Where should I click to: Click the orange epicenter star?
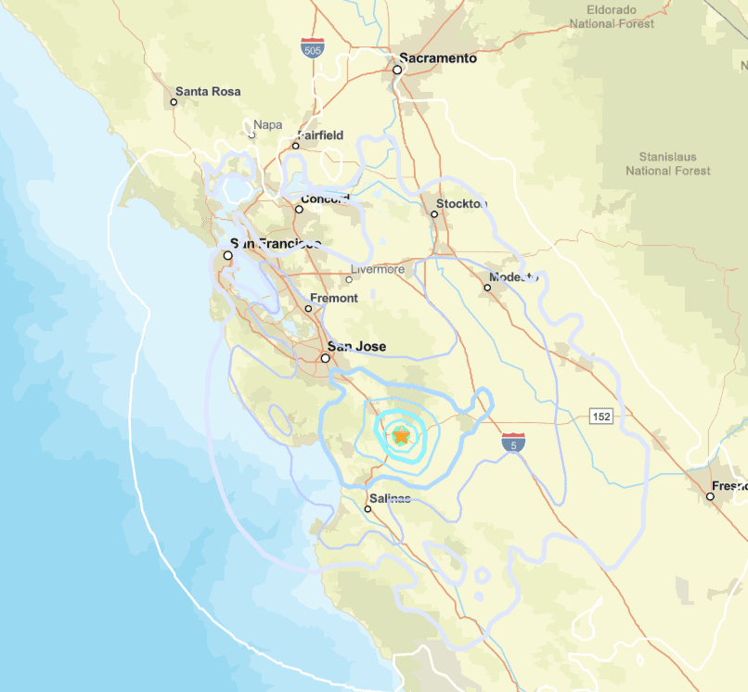401,435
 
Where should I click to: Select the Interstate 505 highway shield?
313,48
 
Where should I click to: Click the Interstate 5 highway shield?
512,442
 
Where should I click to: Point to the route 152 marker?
600,417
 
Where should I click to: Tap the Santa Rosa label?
208,91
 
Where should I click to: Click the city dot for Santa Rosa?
174,101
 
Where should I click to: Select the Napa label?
267,124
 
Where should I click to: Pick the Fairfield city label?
320,135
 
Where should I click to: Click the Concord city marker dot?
299,209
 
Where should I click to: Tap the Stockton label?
462,203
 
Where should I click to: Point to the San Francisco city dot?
227,254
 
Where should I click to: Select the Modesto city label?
514,277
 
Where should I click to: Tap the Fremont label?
333,298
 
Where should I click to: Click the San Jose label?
357,347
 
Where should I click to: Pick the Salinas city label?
390,498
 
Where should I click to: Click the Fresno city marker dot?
710,496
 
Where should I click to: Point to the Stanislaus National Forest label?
668,164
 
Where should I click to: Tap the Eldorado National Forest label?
612,16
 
